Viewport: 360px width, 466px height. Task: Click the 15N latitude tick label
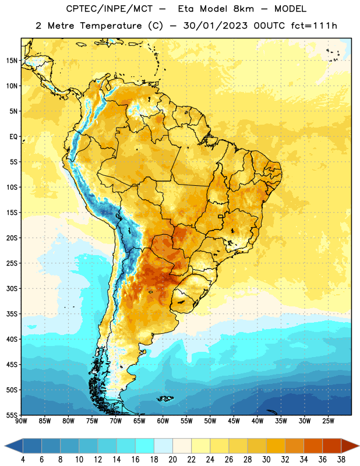pos(12,61)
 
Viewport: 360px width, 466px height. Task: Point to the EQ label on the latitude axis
pos(13,137)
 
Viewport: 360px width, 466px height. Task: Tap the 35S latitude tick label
pos(12,314)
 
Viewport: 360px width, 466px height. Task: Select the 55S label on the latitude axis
pos(12,415)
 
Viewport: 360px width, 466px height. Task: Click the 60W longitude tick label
pos(163,421)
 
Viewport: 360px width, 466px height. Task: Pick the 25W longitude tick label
pos(328,421)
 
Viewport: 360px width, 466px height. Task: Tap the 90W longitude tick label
pos(22,421)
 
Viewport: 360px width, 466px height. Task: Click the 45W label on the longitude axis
pos(234,421)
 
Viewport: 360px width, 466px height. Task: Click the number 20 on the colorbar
pos(172,460)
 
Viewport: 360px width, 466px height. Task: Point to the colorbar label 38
pos(341,460)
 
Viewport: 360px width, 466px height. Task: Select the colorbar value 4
pos(23,460)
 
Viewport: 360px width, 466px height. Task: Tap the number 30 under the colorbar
pos(266,460)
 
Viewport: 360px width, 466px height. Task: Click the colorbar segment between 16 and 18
pos(144,446)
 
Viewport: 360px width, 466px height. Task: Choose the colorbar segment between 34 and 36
pos(313,446)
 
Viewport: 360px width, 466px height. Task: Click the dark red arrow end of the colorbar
pos(350,446)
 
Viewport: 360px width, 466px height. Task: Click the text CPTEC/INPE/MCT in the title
pos(109,9)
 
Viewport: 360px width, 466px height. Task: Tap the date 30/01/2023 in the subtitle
pos(215,26)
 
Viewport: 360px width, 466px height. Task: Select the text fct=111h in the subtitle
pos(314,26)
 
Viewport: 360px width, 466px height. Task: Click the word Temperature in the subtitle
pos(111,26)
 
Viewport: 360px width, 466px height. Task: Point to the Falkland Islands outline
pos(165,398)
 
